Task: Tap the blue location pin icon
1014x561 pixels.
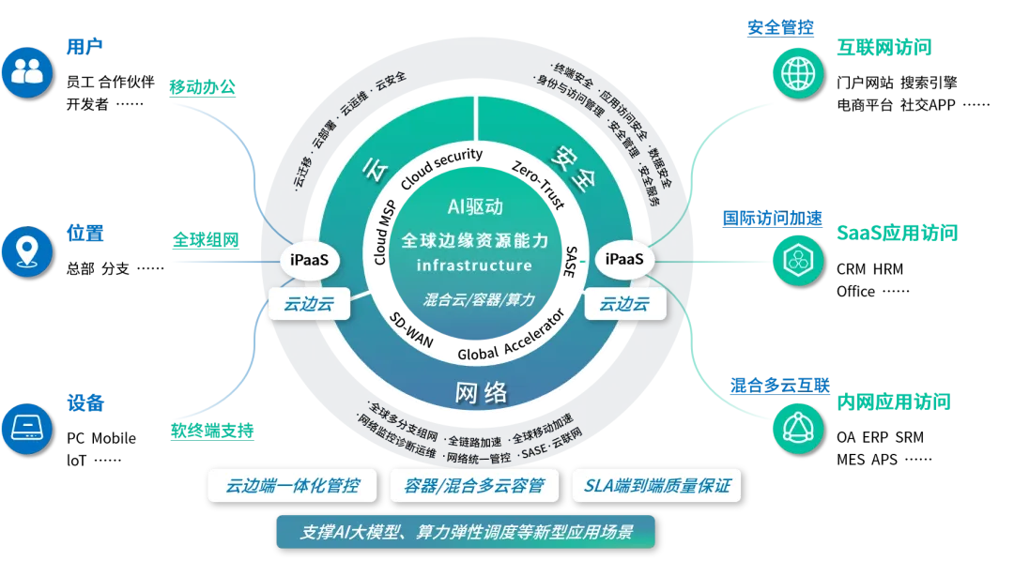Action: (26, 250)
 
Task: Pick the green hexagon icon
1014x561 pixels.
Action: (798, 260)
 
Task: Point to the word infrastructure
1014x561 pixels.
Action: (474, 266)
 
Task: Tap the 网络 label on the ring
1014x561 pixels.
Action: (481, 392)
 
